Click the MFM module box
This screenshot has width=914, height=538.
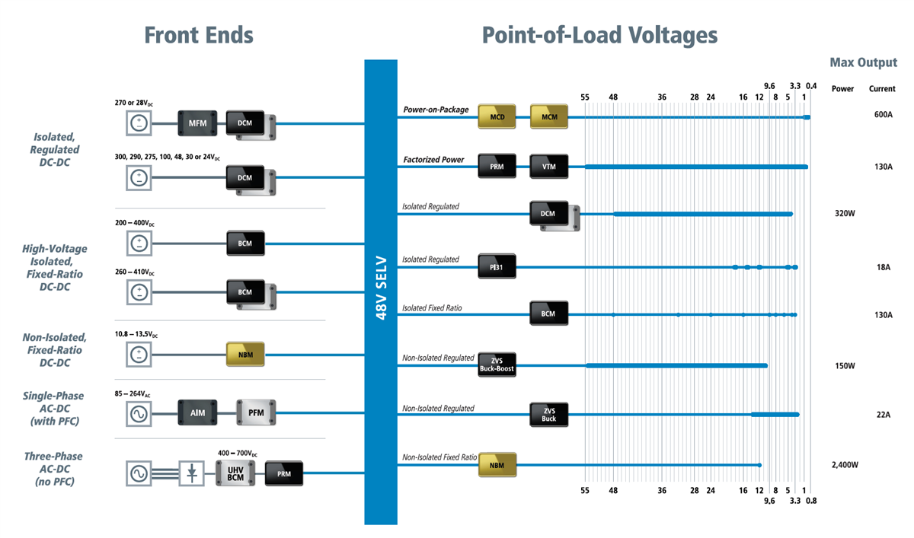click(197, 122)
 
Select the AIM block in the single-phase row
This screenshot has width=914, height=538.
click(197, 413)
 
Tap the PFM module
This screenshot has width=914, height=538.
click(255, 413)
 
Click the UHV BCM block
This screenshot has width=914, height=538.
click(235, 474)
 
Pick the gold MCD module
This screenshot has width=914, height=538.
click(497, 117)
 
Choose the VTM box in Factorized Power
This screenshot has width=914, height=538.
click(548, 166)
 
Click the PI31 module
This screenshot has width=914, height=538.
click(497, 266)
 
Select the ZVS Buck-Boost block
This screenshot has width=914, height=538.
click(497, 365)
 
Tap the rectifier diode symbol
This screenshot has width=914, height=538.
click(193, 474)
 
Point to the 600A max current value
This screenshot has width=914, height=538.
click(883, 115)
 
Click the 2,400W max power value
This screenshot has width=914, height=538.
click(845, 464)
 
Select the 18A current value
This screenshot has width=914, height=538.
click(883, 267)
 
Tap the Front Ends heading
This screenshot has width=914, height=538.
click(199, 35)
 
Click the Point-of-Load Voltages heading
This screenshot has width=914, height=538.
click(599, 35)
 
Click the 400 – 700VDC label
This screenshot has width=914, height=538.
click(238, 453)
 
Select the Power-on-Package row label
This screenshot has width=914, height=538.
click(436, 110)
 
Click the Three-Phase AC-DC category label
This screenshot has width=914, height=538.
click(53, 469)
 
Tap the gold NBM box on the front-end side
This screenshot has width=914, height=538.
click(245, 355)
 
